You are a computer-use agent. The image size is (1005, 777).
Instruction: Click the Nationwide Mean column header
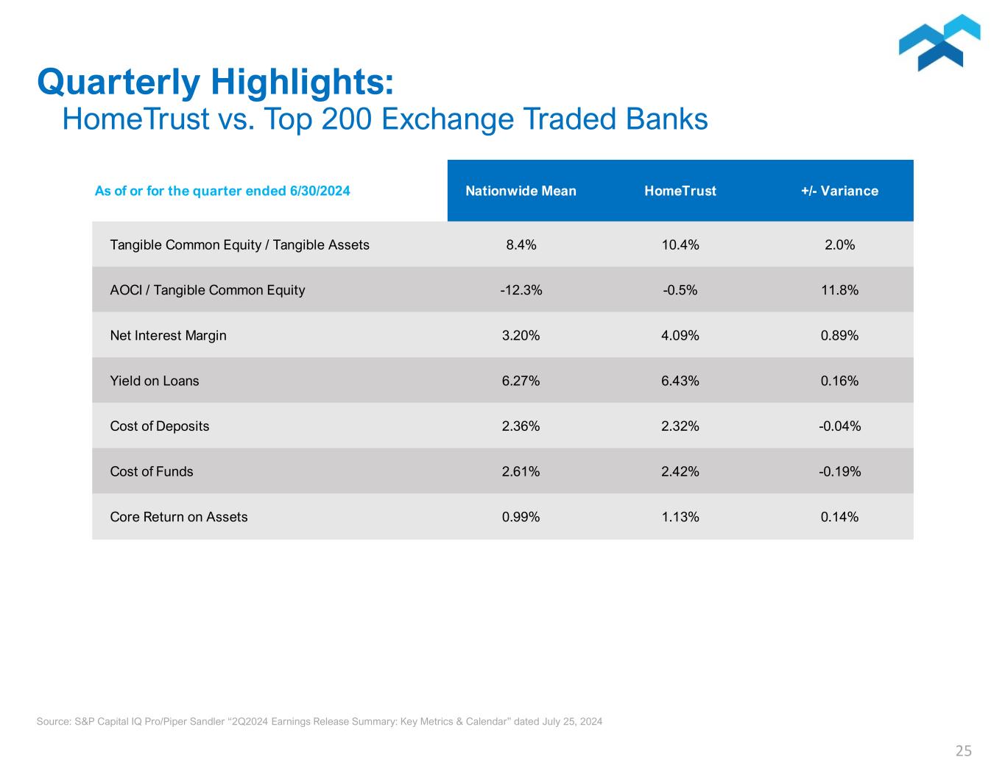pos(521,191)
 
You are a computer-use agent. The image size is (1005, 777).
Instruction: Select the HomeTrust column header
pos(680,191)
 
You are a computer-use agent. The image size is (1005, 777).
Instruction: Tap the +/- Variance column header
pos(839,191)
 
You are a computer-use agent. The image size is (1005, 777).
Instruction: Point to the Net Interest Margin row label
pos(168,336)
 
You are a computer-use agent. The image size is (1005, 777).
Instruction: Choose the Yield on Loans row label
pos(155,381)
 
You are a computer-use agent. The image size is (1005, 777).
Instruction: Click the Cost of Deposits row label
pos(159,426)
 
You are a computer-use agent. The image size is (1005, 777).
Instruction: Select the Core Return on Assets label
pos(179,517)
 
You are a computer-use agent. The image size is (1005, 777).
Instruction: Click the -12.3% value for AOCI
pos(521,290)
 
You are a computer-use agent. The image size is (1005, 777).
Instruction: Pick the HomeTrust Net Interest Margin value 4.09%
pos(680,336)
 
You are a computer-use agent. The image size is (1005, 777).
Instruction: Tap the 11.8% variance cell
pos(839,290)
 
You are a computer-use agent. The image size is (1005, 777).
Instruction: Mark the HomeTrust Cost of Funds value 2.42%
pos(680,471)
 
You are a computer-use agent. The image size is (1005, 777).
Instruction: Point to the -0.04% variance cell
pos(839,426)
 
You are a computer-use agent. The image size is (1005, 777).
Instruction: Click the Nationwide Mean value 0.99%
pos(521,517)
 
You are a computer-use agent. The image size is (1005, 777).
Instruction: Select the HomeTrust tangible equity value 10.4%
pos(680,245)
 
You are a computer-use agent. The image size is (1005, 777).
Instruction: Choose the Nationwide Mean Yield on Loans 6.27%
pos(521,381)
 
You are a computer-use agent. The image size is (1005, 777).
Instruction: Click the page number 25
pos(963,751)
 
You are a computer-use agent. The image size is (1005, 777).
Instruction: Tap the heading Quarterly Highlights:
pos(215,82)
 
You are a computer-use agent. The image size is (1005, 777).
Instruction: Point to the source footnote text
pos(319,722)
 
